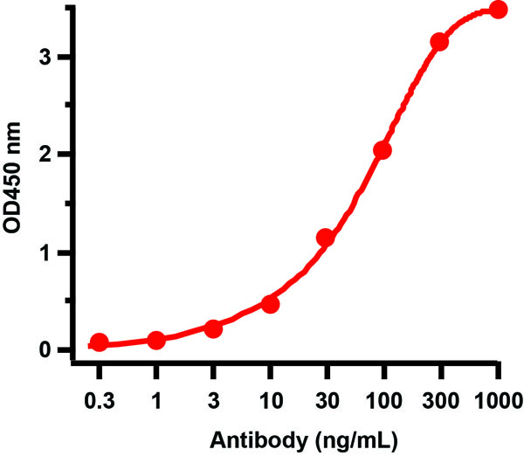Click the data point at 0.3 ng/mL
click(x=100, y=342)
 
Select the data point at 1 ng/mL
click(x=156, y=340)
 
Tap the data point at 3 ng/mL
click(x=213, y=328)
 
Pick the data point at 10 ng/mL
click(x=270, y=304)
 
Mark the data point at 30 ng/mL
click(x=326, y=238)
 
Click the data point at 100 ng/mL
click(x=383, y=150)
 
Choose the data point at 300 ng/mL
click(x=439, y=42)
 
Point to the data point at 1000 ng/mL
click(x=498, y=10)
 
